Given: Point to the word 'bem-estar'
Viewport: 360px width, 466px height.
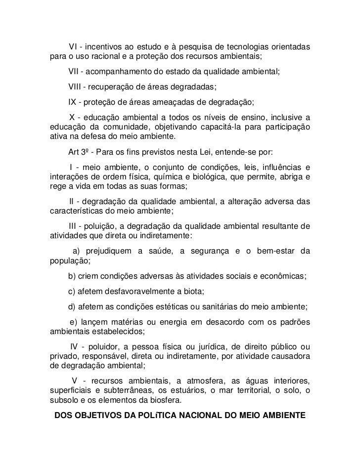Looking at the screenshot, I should pyautogui.click(x=274, y=251).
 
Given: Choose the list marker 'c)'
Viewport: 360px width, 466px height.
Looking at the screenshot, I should pyautogui.click(x=72, y=291).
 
